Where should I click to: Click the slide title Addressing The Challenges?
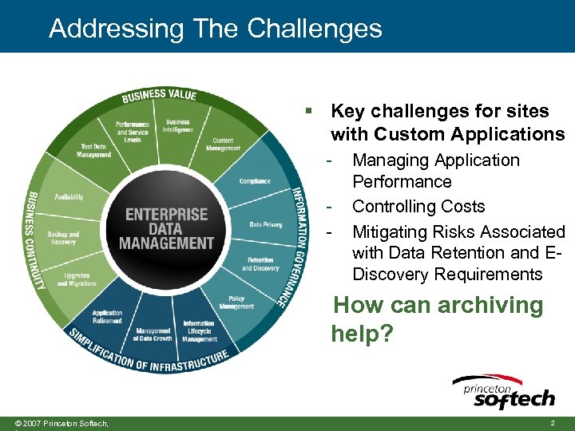216,29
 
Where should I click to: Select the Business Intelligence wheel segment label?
178,126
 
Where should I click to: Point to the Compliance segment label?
255,181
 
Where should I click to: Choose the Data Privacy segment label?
266,224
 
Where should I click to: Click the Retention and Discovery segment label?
260,264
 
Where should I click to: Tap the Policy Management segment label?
236,302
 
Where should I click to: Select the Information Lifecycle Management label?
199,331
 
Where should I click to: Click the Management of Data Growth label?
153,334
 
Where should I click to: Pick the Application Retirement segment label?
107,317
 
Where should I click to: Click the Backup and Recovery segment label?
63,238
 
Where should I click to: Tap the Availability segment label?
69,196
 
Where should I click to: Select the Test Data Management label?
94,151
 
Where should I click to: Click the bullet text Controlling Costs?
418,207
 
